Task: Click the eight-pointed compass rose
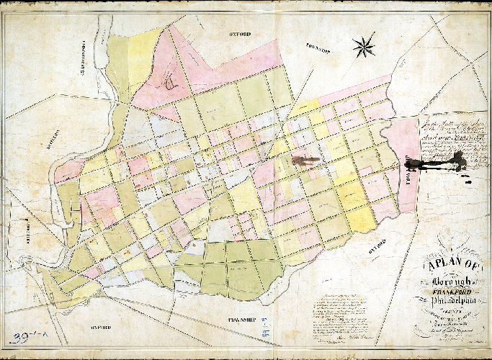coord(364,47)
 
